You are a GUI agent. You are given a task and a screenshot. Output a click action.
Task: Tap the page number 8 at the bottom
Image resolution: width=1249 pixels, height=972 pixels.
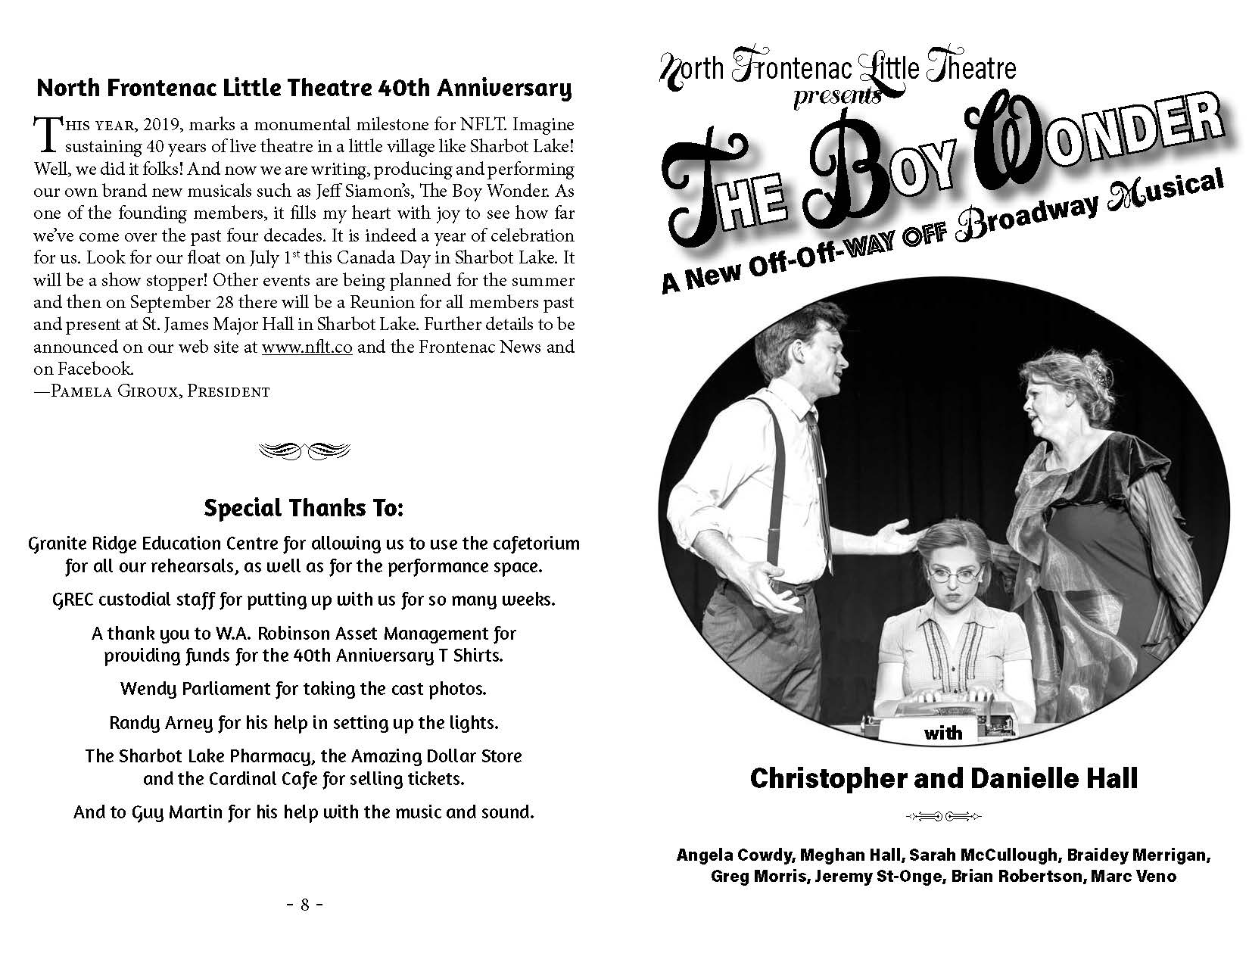(305, 905)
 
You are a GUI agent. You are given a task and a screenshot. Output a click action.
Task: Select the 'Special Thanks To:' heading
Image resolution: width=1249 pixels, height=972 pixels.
(304, 508)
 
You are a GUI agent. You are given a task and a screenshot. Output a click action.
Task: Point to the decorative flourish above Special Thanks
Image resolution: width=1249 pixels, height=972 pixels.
(304, 450)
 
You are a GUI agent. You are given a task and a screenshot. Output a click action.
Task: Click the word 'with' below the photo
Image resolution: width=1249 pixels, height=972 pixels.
(943, 732)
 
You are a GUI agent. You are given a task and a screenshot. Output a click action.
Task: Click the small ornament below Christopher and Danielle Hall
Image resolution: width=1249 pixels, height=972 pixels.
(944, 815)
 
